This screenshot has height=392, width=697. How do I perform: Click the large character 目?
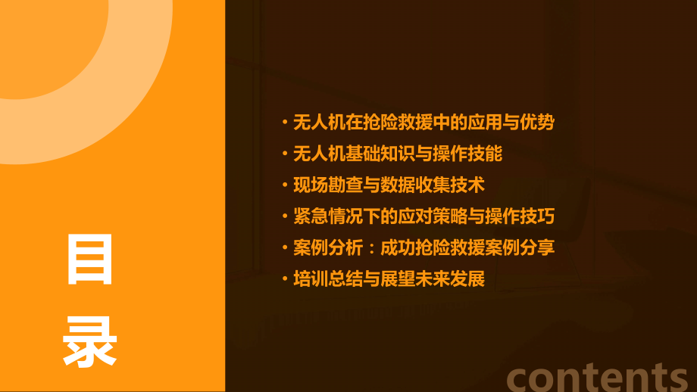pos(89,260)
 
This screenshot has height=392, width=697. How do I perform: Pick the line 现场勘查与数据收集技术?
pos(389,185)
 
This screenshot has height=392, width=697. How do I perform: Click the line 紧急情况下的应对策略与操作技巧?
pos(424,216)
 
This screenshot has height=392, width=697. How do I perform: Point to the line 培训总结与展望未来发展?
pos(389,278)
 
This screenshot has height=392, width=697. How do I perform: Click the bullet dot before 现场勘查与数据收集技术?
pos(285,185)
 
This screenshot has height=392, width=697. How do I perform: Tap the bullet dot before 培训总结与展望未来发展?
pos(285,279)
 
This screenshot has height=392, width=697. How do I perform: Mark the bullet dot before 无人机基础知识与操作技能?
pos(285,154)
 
